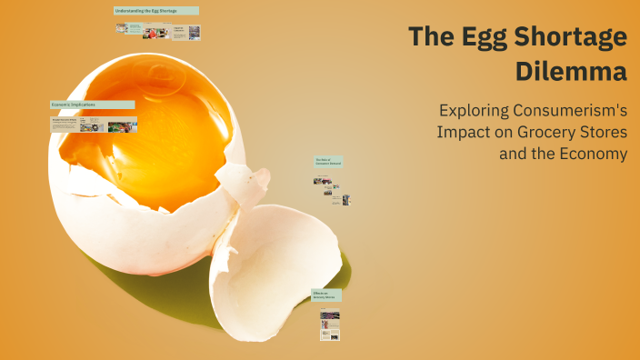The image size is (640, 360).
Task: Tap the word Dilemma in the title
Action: click(572, 70)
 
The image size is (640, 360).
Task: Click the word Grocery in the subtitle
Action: click(550, 132)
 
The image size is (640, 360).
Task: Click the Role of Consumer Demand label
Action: click(328, 162)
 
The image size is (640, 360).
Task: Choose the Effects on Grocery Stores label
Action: click(326, 295)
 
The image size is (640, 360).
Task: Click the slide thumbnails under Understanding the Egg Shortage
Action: click(157, 31)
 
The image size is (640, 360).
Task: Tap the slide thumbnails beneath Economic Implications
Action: click(94, 125)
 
